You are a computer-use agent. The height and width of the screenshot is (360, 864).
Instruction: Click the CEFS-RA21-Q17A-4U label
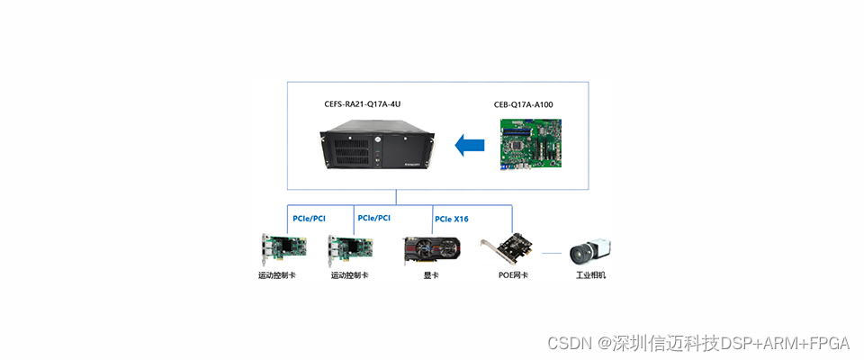click(363, 104)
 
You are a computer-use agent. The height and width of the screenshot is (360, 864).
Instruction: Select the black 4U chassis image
click(378, 150)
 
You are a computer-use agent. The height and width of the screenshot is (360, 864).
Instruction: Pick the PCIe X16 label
click(452, 219)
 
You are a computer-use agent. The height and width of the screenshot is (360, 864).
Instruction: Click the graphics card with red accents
click(432, 250)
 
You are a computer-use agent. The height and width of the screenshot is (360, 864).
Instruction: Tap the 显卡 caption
click(432, 275)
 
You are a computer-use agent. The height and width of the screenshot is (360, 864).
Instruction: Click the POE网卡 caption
click(513, 275)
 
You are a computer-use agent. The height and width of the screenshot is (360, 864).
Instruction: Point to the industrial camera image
click(590, 251)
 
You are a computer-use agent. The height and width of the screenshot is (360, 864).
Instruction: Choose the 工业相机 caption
click(590, 275)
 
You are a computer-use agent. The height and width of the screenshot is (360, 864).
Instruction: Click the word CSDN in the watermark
click(567, 343)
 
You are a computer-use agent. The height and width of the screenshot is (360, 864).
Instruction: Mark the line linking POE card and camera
click(552, 254)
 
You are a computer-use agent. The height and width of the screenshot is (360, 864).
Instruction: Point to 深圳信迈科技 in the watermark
click(666, 343)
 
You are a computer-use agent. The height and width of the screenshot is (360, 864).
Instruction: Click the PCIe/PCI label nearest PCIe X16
click(373, 218)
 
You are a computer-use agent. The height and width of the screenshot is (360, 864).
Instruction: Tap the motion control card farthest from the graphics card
click(281, 250)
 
